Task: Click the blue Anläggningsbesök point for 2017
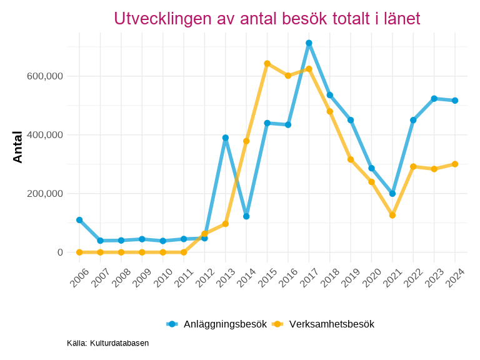coord(309,43)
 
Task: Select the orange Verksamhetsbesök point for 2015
coord(267,63)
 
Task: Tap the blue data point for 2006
coord(79,220)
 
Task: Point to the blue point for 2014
coord(246,216)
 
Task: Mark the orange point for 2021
coord(392,215)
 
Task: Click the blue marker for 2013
coord(226,137)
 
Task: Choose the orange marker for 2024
coord(455,164)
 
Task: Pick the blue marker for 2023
coord(434,98)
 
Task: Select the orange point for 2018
coord(330,111)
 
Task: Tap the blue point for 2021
coord(392,194)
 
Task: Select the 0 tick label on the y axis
coord(60,252)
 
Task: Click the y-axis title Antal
coord(17,147)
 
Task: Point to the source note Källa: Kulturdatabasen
coord(107,343)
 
